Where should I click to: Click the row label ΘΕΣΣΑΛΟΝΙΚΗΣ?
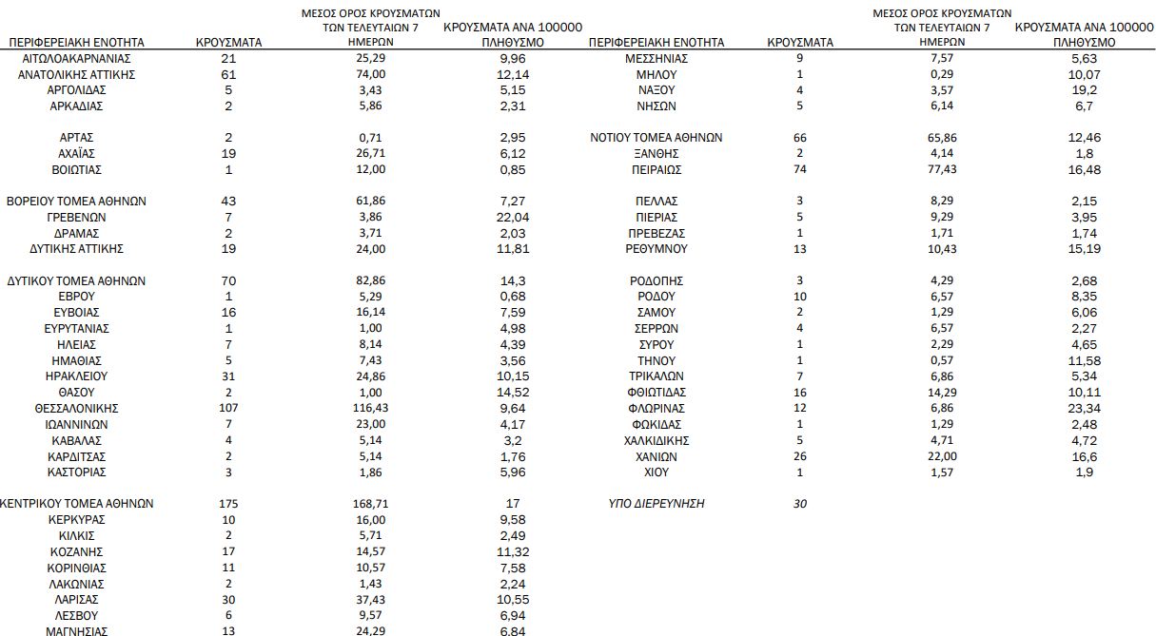click(x=77, y=408)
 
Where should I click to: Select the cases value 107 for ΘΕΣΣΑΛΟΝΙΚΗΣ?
click(x=227, y=408)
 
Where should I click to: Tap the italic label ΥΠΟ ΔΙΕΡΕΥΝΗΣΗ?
click(x=656, y=504)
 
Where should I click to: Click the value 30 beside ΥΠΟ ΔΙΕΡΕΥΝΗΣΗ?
click(x=799, y=504)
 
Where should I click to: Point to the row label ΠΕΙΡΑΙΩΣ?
click(x=656, y=169)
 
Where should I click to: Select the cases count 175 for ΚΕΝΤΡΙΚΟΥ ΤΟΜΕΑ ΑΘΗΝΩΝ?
click(x=227, y=504)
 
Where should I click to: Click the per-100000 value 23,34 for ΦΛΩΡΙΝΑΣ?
click(x=1084, y=408)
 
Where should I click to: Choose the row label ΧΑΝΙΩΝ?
click(x=656, y=456)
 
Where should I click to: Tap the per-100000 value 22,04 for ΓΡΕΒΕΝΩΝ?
click(x=512, y=217)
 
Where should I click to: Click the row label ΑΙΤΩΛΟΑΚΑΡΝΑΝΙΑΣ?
click(x=77, y=58)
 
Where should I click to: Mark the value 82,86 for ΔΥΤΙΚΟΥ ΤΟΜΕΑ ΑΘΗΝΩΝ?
click(x=369, y=280)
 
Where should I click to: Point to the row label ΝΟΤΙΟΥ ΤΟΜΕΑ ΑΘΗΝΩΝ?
click(x=656, y=137)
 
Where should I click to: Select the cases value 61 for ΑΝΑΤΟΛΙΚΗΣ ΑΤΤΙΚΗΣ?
click(x=227, y=74)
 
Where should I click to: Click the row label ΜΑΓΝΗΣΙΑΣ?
click(x=77, y=630)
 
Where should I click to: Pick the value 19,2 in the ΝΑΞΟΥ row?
click(x=1084, y=89)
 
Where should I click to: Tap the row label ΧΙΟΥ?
click(x=656, y=472)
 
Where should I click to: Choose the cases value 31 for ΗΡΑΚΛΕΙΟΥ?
click(x=227, y=376)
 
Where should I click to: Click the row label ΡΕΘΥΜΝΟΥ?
click(x=656, y=249)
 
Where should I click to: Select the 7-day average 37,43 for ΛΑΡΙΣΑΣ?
click(x=369, y=599)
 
